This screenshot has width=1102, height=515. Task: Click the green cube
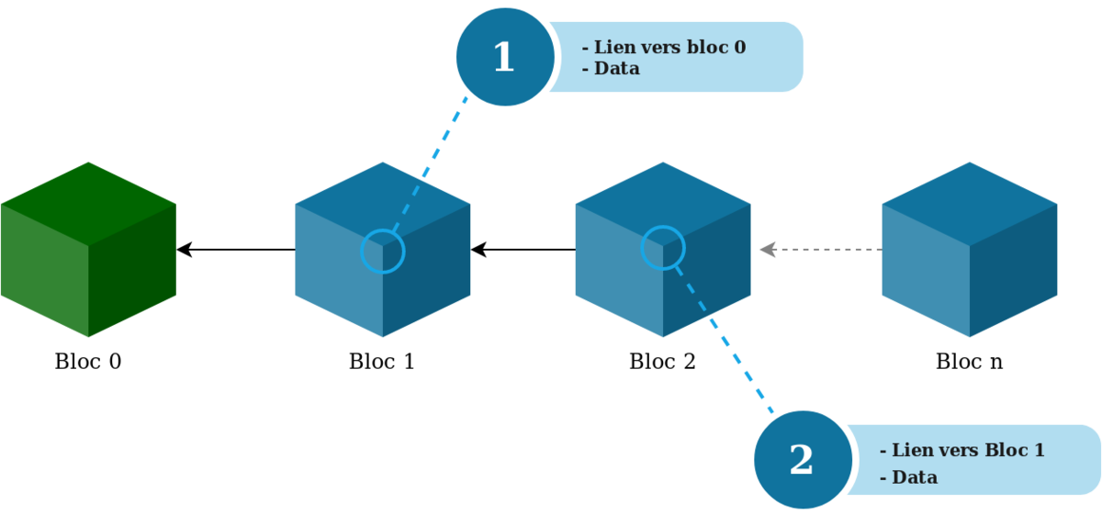click(88, 250)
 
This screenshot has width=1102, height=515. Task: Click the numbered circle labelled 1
click(503, 57)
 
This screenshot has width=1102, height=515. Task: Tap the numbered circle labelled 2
click(801, 459)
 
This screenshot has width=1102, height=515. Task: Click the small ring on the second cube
click(383, 251)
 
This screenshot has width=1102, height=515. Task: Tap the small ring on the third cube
click(662, 248)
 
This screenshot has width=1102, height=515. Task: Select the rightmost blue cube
click(969, 250)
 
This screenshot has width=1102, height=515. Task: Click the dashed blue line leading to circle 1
click(432, 161)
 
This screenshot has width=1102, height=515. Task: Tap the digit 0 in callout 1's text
click(739, 47)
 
